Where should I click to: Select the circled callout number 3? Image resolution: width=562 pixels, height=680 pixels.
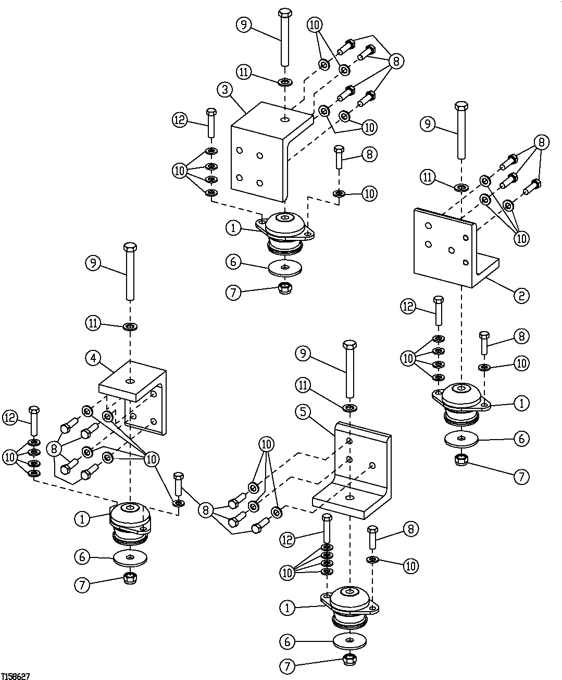pos(225,89)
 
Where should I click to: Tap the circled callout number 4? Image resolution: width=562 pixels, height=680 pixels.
pos(93,358)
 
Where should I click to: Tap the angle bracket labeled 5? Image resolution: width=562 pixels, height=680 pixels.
pos(359,469)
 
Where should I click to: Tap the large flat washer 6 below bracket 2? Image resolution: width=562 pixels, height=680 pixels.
pos(461,439)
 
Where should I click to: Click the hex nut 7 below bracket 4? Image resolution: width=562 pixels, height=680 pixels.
pos(129,578)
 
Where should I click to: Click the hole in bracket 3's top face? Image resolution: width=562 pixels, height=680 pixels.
pos(284,119)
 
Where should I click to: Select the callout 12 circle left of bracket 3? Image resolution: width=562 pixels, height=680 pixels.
pos(179,120)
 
